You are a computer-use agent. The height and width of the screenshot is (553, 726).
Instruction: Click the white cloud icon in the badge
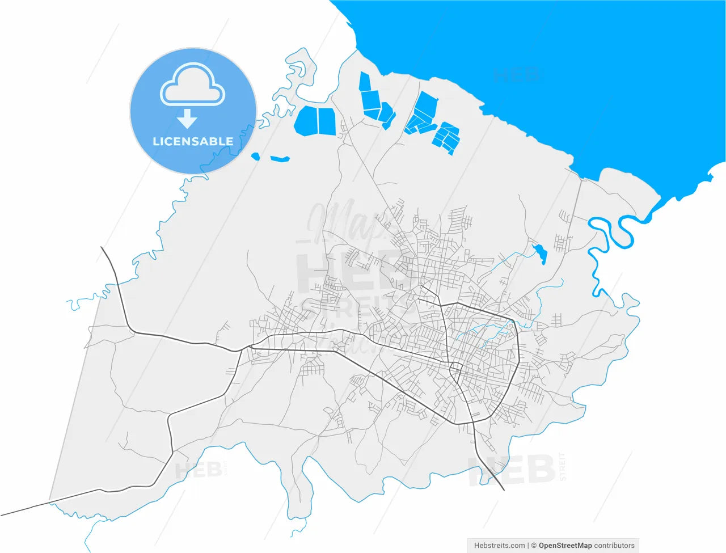[x=192, y=85]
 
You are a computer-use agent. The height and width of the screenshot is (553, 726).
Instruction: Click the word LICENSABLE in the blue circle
[x=193, y=141]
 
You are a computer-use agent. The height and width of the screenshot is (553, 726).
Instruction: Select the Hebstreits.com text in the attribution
[x=499, y=546]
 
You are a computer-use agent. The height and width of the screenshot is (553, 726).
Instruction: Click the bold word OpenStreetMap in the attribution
[x=565, y=546]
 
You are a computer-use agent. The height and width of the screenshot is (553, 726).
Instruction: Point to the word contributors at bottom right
[x=614, y=546]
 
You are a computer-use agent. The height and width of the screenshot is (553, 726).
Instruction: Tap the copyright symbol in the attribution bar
[x=533, y=546]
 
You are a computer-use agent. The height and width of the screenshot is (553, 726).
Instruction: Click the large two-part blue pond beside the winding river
[x=316, y=120]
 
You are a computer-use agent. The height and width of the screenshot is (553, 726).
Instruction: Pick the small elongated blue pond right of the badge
[x=280, y=159]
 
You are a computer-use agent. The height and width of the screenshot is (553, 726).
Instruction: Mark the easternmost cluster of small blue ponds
[x=446, y=138]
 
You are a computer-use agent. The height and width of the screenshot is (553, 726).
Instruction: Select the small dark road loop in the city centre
[x=455, y=372]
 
